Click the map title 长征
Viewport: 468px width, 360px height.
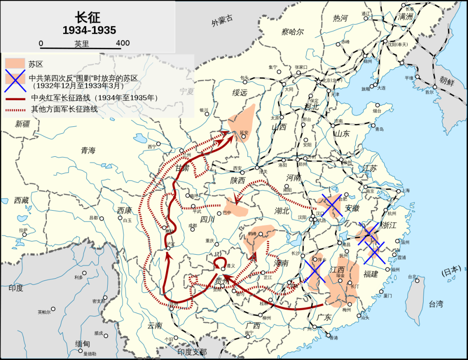(x=89, y=15)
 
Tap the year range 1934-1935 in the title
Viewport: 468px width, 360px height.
(x=89, y=29)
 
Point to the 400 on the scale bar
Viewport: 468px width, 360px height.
(x=123, y=43)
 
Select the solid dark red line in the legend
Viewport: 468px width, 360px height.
(x=15, y=98)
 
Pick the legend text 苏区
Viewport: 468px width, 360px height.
(x=36, y=64)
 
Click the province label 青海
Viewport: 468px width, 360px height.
(x=88, y=150)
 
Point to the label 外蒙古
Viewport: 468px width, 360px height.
(x=221, y=21)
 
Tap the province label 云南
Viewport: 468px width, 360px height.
(x=154, y=325)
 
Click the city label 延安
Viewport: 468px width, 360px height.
(x=244, y=133)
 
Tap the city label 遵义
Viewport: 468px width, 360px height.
(x=230, y=265)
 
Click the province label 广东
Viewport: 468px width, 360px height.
(x=324, y=317)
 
